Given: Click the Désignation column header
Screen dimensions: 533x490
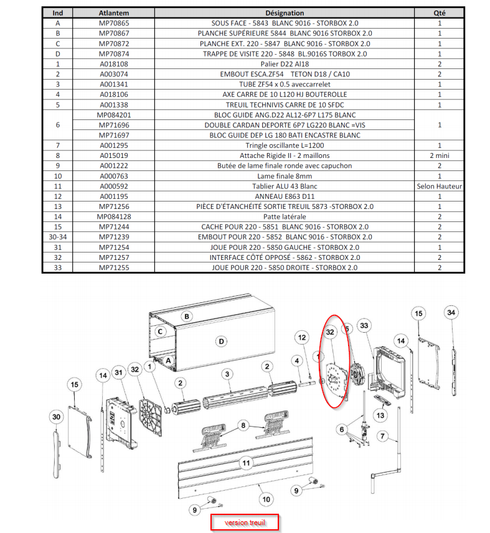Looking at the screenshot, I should pos(285,13).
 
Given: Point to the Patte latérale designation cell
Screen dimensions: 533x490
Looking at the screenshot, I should pos(285,216).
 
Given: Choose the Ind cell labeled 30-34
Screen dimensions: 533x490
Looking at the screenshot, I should pos(58,237).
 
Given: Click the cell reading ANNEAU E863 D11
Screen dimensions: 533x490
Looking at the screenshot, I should pos(285,196).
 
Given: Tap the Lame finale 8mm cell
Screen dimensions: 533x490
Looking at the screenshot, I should pos(285,175).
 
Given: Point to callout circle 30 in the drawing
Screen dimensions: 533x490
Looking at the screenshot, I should pos(56,416).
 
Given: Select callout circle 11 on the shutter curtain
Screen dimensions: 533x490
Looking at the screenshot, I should pos(247,463).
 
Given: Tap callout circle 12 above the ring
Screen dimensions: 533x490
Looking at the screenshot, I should pos(302,338).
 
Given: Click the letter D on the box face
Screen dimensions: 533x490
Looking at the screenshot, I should pos(220,341).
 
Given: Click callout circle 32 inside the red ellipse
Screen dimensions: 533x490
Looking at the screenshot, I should pos(331,333).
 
